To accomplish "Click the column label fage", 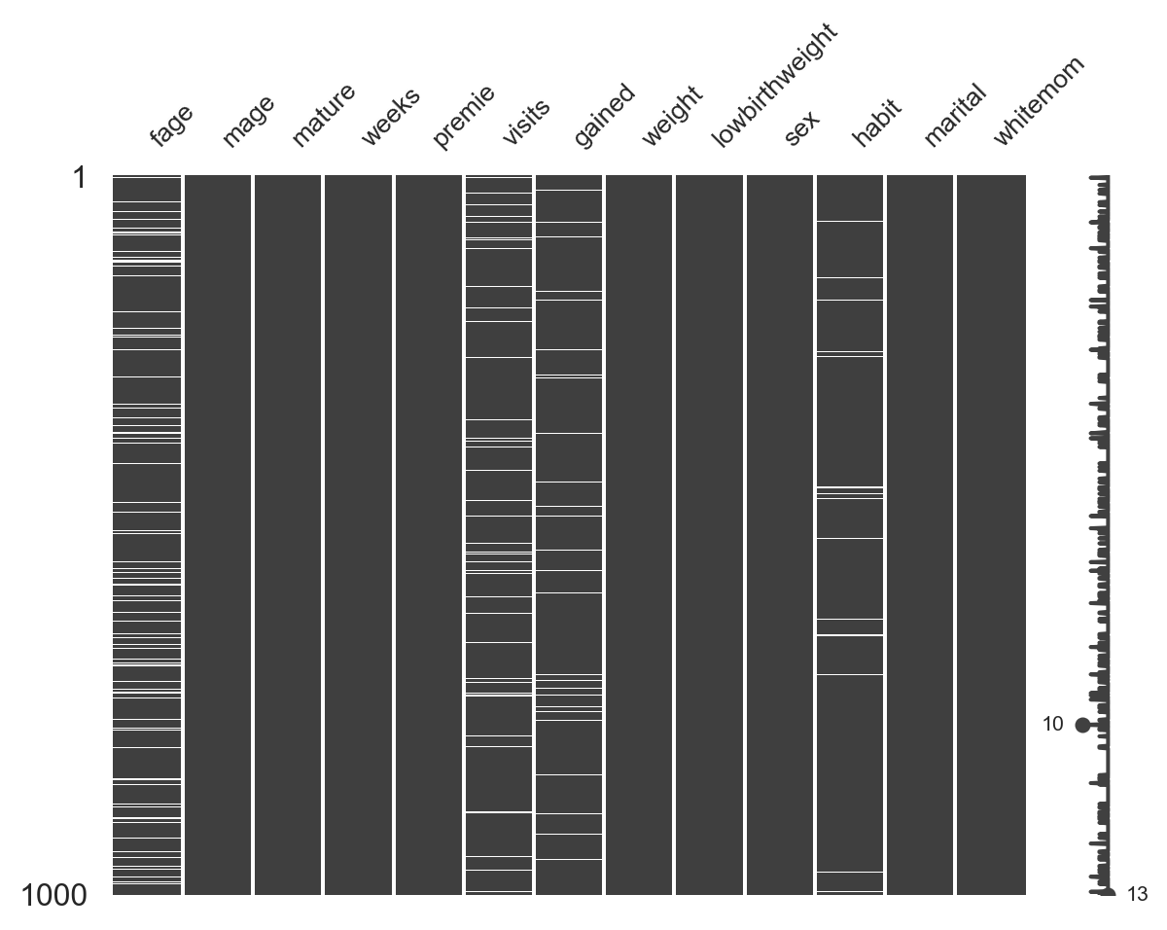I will [171, 125].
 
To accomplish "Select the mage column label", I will [247, 122].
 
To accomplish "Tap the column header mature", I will [323, 116].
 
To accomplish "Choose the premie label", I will [463, 117].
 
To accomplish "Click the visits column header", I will [526, 122].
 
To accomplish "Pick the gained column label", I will [604, 116].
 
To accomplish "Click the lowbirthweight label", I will [774, 86].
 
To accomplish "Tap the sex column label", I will [802, 127].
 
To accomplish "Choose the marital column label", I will [954, 116].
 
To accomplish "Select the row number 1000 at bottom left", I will [53, 895].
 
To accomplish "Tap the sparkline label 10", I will [1052, 725].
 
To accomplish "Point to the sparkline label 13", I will [1137, 895].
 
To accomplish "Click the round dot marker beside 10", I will [1082, 725].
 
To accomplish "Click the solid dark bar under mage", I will [218, 535].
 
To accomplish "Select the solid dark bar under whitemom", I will [991, 535].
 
